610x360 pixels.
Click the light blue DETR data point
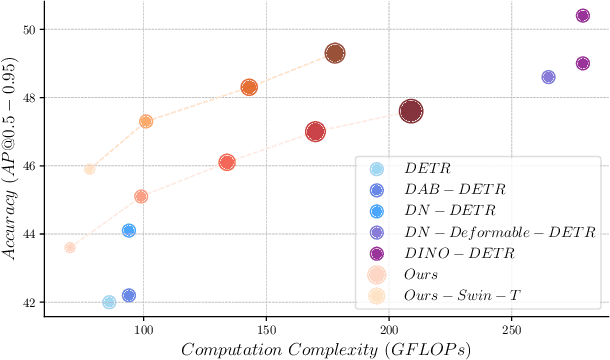click(x=109, y=302)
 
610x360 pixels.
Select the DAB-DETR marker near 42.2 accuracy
click(x=128, y=295)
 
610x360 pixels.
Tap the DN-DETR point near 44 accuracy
click(x=128, y=230)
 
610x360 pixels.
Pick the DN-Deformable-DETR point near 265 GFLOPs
click(x=548, y=77)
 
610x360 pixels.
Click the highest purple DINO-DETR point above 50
click(x=583, y=15)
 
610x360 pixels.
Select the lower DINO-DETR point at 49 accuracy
click(x=583, y=63)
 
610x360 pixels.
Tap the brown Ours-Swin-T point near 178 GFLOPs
click(x=335, y=53)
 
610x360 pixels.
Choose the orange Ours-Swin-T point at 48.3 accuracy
click(x=249, y=87)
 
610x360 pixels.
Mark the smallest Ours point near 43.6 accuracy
click(x=70, y=247)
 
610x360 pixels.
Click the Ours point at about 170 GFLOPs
click(x=315, y=131)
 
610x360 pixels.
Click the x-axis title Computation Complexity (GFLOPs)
click(x=326, y=348)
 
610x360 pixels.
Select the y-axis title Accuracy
click(x=11, y=160)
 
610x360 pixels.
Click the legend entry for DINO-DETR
click(x=460, y=253)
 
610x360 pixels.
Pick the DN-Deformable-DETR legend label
click(x=500, y=232)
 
